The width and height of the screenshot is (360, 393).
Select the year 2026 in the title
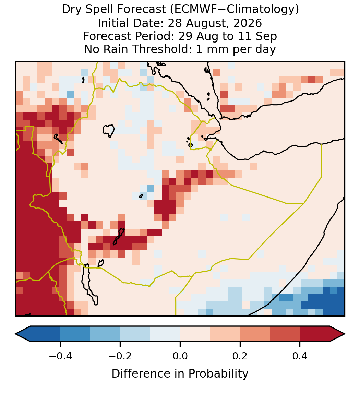click(x=248, y=23)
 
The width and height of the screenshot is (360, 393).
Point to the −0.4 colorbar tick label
click(x=60, y=356)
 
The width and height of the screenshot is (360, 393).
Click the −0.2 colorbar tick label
click(x=120, y=356)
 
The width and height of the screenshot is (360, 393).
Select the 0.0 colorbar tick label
click(x=180, y=356)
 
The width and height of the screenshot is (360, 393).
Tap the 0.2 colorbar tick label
click(x=240, y=356)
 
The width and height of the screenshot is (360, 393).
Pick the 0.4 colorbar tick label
click(x=300, y=356)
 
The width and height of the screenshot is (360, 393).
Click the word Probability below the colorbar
click(x=218, y=374)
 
